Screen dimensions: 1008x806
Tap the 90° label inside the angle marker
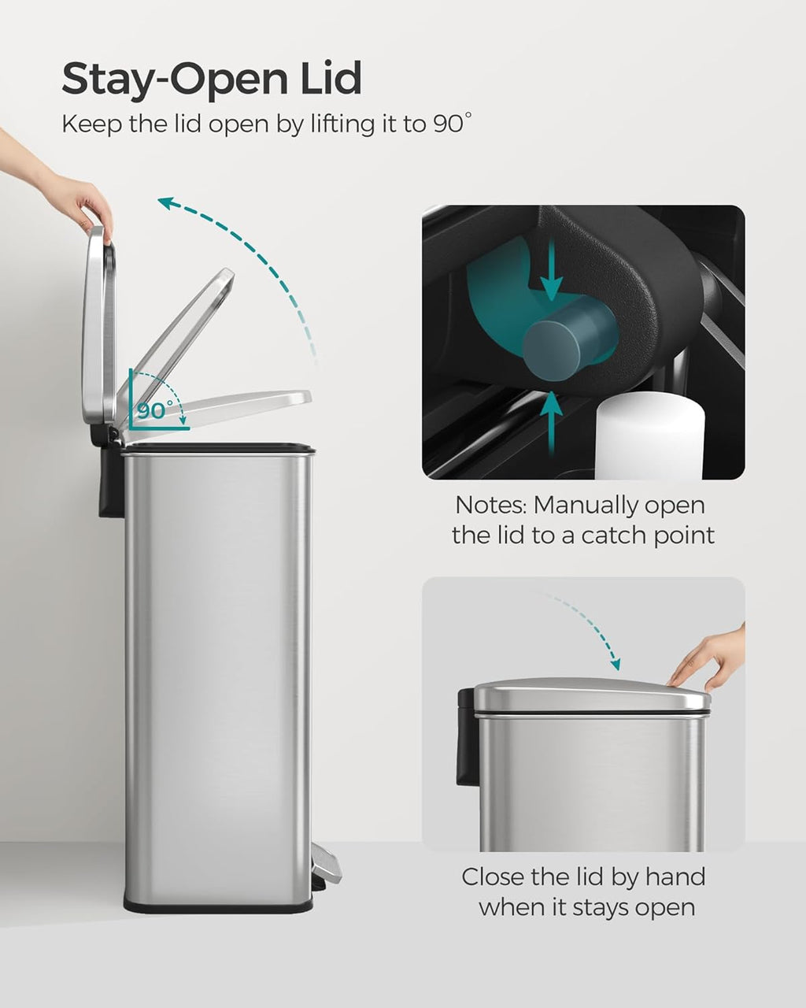[x=154, y=410]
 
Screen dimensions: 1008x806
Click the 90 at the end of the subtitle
[x=449, y=124]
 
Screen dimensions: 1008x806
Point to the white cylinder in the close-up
[x=649, y=437]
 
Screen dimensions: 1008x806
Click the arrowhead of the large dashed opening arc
[x=166, y=204]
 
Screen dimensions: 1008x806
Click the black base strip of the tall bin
[x=216, y=906]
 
